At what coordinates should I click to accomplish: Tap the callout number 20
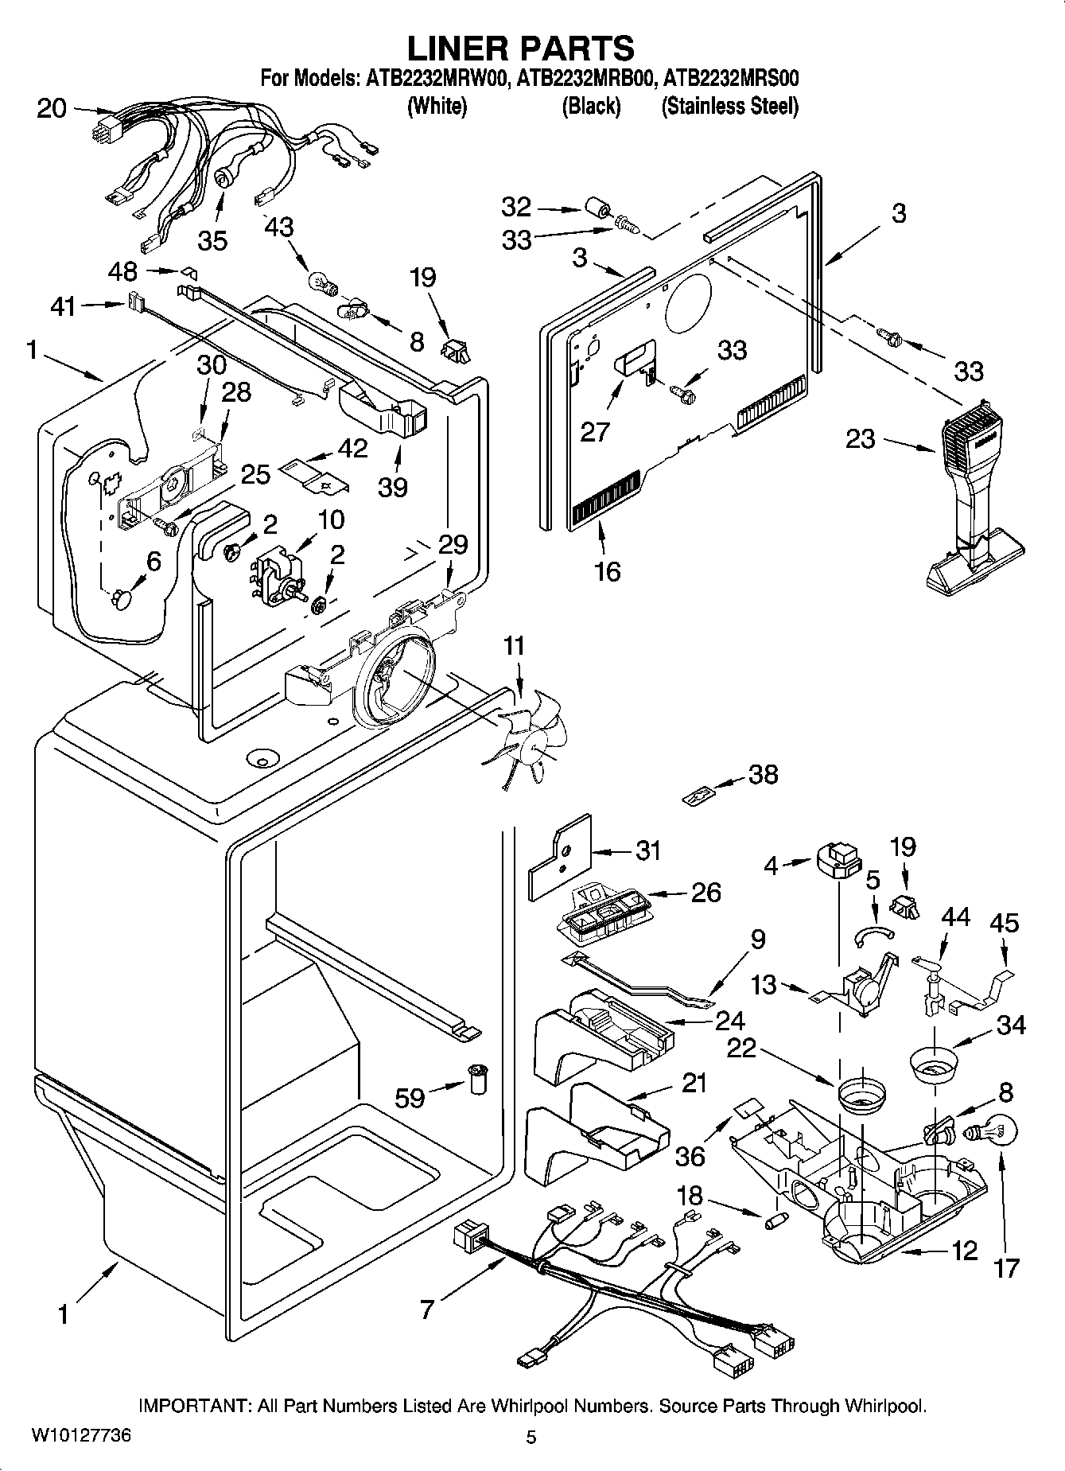52,108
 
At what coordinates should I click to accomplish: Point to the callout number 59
410,1098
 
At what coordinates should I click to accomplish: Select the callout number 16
607,571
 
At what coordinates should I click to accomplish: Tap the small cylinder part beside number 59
478,1080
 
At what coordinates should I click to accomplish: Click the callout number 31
649,850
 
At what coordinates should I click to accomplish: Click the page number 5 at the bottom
531,1437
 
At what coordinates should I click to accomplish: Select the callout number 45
1004,923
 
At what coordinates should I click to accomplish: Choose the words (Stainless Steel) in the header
729,106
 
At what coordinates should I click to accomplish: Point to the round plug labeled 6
122,598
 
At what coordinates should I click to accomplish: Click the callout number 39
393,488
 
